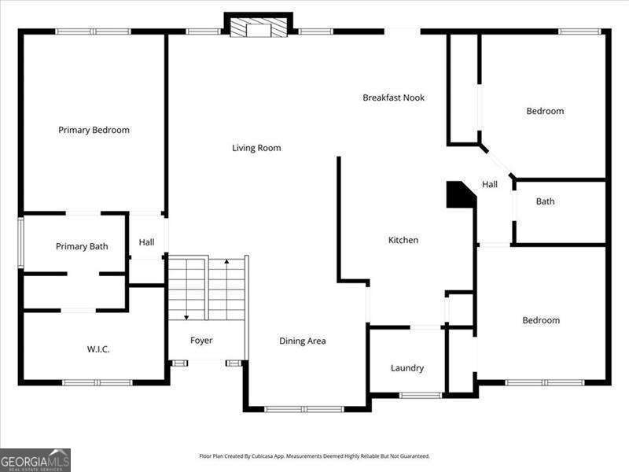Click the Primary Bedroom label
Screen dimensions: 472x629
click(x=94, y=130)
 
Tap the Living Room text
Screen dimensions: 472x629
click(x=256, y=148)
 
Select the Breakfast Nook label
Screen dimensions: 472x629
click(x=393, y=98)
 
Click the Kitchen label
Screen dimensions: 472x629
click(x=403, y=240)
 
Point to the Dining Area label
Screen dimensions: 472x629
click(x=303, y=341)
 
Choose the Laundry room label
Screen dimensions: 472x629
click(x=407, y=367)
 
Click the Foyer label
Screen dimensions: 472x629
click(x=201, y=340)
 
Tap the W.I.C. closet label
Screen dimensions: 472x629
click(x=97, y=348)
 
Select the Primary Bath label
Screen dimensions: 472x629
click(x=82, y=246)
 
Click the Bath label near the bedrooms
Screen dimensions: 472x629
click(x=545, y=201)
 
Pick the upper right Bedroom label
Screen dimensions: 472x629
click(x=545, y=111)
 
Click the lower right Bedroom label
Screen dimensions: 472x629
click(x=541, y=320)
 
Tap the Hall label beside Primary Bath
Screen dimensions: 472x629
click(x=146, y=242)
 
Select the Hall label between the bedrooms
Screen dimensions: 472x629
click(x=490, y=184)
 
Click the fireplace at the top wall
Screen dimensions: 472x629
click(x=258, y=28)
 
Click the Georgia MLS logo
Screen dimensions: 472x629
click(x=35, y=459)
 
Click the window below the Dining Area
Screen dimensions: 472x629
click(x=303, y=408)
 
